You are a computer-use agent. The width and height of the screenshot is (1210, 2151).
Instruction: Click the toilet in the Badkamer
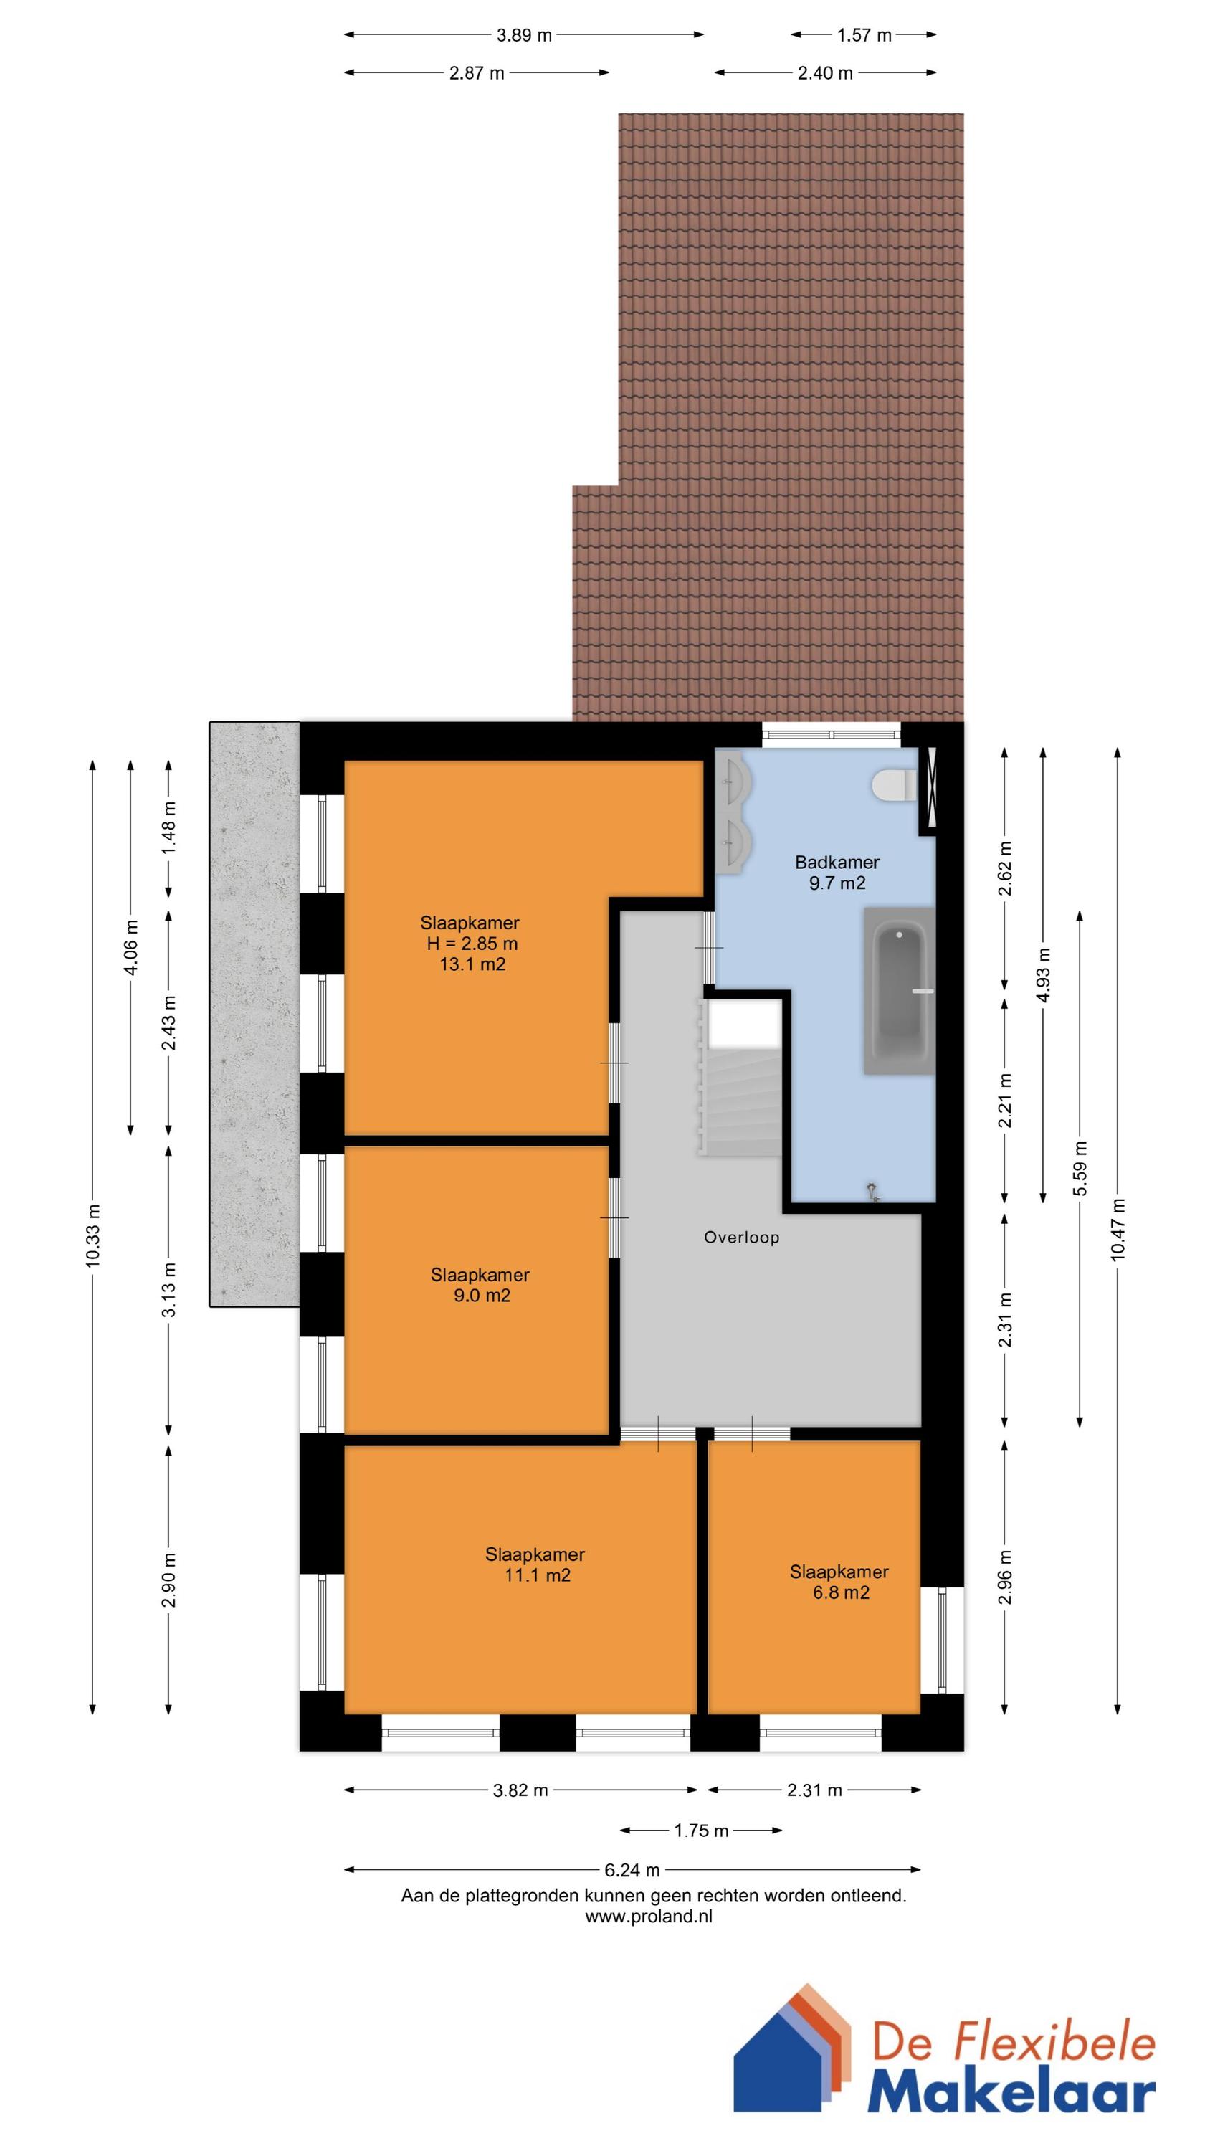pos(892,786)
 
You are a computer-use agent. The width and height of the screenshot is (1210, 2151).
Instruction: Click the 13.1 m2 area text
pos(472,964)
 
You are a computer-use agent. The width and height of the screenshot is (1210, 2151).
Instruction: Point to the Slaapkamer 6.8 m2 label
pos(839,1582)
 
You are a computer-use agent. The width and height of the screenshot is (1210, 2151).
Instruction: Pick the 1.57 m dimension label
pos(864,35)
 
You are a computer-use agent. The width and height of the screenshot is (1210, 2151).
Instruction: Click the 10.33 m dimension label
pos(92,1235)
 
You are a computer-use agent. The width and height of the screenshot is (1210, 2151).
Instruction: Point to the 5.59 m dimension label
pos(1080,1168)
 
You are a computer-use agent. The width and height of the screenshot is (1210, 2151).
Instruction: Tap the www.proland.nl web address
pos(649,1917)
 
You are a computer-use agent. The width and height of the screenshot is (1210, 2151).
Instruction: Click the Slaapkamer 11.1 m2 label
pos(535,1564)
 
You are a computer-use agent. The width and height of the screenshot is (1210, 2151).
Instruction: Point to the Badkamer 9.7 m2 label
pos(837,872)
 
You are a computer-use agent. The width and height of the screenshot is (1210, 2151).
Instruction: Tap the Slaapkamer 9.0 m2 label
pos(480,1284)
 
